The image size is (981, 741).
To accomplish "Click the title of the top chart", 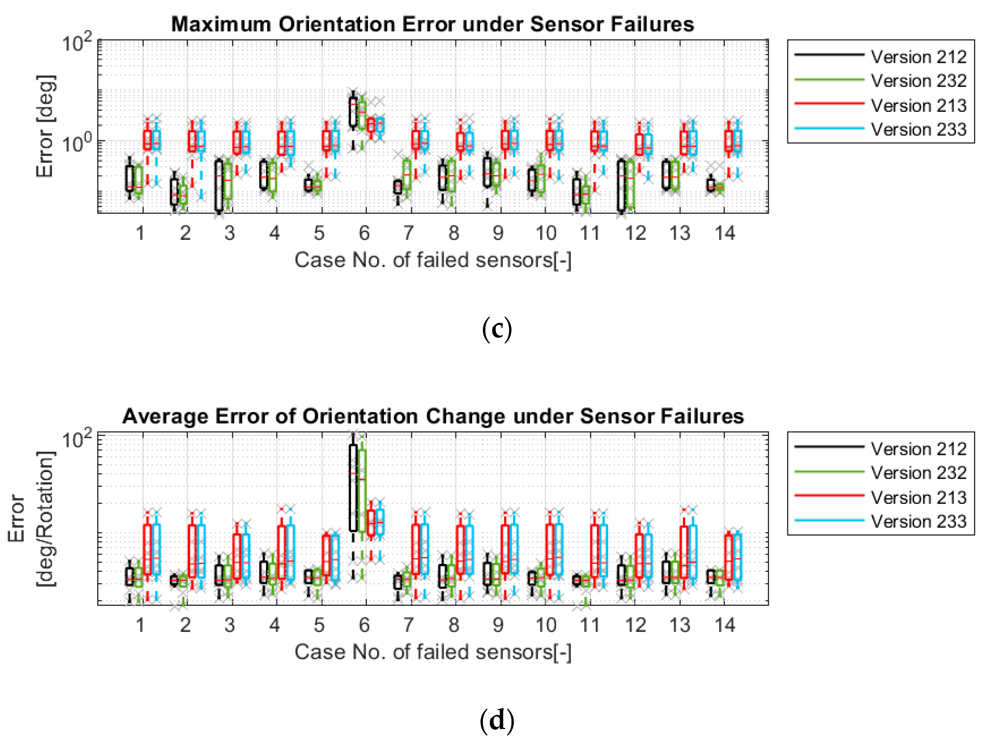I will pyautogui.click(x=432, y=24).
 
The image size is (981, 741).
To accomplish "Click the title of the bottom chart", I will pyautogui.click(x=432, y=416).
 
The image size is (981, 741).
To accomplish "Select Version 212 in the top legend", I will pyautogui.click(x=918, y=57).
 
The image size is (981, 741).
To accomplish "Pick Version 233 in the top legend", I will pyautogui.click(x=918, y=130).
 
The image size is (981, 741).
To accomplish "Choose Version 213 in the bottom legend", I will pyautogui.click(x=918, y=498).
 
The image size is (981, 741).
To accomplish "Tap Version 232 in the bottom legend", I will pyautogui.click(x=918, y=473).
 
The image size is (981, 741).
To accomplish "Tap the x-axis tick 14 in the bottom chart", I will pyautogui.click(x=725, y=625).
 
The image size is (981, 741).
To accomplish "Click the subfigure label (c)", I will pyautogui.click(x=497, y=329).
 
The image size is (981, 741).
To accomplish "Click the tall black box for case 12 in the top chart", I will pyautogui.click(x=621, y=186).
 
